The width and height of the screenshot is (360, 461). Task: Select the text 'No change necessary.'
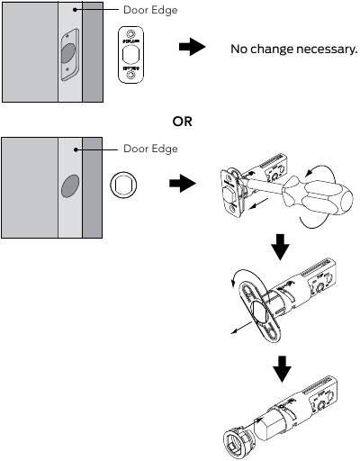293,48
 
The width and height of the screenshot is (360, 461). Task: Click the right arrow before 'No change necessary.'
191,48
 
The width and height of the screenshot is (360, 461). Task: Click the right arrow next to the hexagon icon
183,184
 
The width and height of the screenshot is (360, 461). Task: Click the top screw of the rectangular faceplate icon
132,35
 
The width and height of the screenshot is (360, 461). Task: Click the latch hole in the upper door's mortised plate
69,54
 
